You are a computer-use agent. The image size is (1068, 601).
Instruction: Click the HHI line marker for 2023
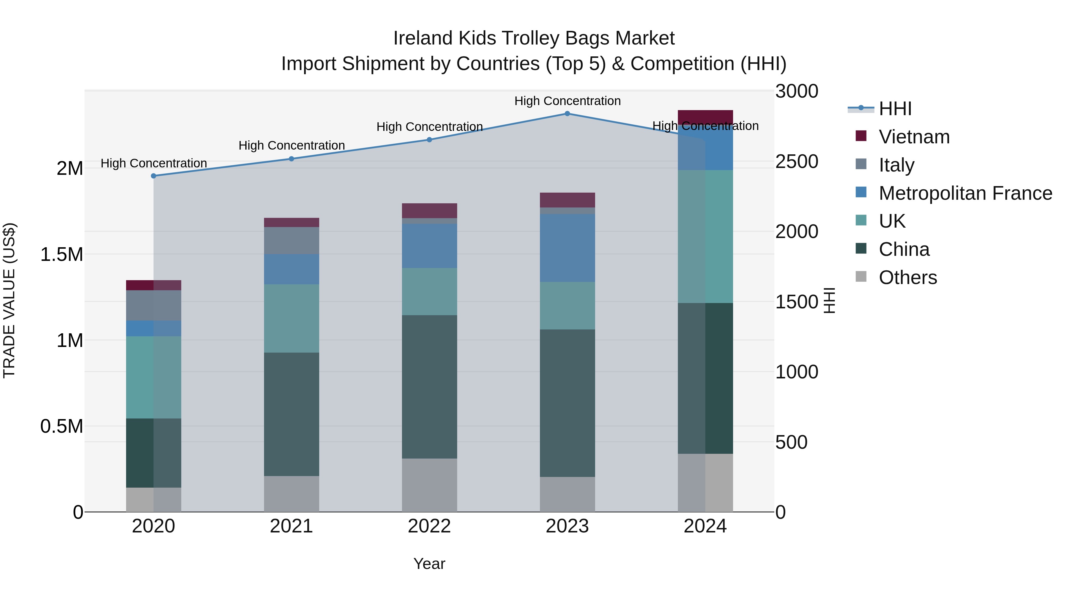(x=567, y=114)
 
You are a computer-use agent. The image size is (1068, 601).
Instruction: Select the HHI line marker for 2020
(x=153, y=176)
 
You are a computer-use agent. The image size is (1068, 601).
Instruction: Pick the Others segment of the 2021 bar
(x=291, y=494)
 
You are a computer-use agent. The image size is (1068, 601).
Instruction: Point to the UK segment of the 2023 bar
(x=567, y=306)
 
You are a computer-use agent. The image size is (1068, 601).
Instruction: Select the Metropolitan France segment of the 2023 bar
(x=567, y=248)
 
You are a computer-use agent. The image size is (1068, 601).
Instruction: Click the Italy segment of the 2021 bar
(x=291, y=241)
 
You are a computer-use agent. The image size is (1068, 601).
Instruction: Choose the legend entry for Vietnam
(x=914, y=137)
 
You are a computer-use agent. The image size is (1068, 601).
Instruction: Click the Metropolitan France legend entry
(x=965, y=193)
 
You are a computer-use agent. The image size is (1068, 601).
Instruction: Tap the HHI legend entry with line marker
(x=895, y=109)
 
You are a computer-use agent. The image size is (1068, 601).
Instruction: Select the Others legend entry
(x=908, y=277)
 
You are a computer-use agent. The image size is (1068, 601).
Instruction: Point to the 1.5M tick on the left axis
(x=62, y=255)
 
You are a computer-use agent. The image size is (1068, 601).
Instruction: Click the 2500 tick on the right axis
(x=797, y=162)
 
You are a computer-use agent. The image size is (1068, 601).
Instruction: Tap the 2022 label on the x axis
(x=429, y=526)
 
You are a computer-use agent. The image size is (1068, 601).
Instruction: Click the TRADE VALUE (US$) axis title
(x=9, y=300)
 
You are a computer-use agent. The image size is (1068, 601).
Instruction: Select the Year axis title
(x=429, y=564)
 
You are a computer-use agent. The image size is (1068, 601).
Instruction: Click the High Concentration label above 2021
(x=291, y=146)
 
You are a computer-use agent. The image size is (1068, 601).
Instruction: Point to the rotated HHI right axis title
(x=829, y=300)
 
